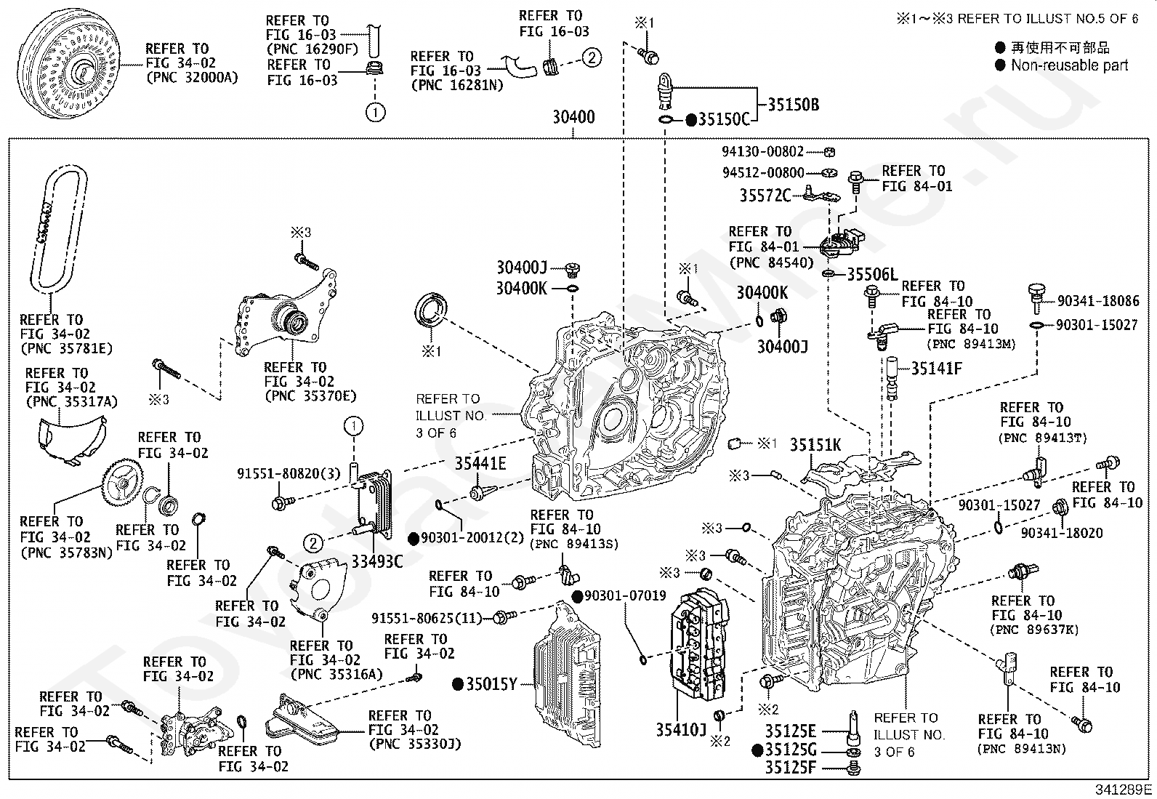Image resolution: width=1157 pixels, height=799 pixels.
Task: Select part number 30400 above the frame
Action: [573, 117]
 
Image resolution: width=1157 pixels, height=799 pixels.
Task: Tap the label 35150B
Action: [793, 105]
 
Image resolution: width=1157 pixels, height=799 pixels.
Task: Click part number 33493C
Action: [376, 561]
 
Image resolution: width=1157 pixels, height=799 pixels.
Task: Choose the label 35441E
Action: [480, 463]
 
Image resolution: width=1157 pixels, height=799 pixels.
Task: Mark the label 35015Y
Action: [491, 683]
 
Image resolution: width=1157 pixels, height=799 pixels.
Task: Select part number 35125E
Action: [790, 731]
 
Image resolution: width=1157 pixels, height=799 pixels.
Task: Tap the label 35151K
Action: [815, 445]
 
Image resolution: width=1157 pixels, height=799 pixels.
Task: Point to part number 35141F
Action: [936, 369]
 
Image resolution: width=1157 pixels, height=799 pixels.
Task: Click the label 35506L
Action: [872, 275]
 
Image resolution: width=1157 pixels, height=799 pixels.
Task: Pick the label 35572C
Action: [765, 195]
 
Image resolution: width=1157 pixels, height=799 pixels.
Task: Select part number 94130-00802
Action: [762, 152]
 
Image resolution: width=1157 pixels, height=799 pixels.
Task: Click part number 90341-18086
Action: [1097, 300]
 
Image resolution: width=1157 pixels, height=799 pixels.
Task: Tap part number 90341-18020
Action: [1061, 533]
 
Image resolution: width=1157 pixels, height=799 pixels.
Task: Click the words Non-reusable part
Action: [1069, 65]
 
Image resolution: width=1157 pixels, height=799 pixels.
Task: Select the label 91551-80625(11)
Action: [427, 618]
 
